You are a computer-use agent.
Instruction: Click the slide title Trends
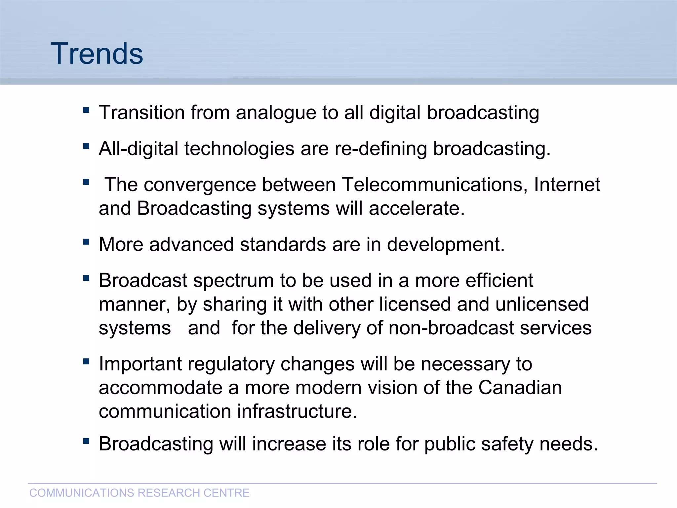97,54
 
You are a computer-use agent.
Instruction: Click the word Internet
567,185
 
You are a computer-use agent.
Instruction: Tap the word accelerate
417,209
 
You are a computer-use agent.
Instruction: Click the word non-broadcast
451,328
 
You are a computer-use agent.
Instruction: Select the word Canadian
520,388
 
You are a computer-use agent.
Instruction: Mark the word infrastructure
297,412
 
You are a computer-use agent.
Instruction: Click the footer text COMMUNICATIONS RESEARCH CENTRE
139,493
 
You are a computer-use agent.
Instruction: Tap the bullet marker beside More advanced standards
86,242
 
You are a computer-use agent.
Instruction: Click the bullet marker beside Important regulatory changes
86,361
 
